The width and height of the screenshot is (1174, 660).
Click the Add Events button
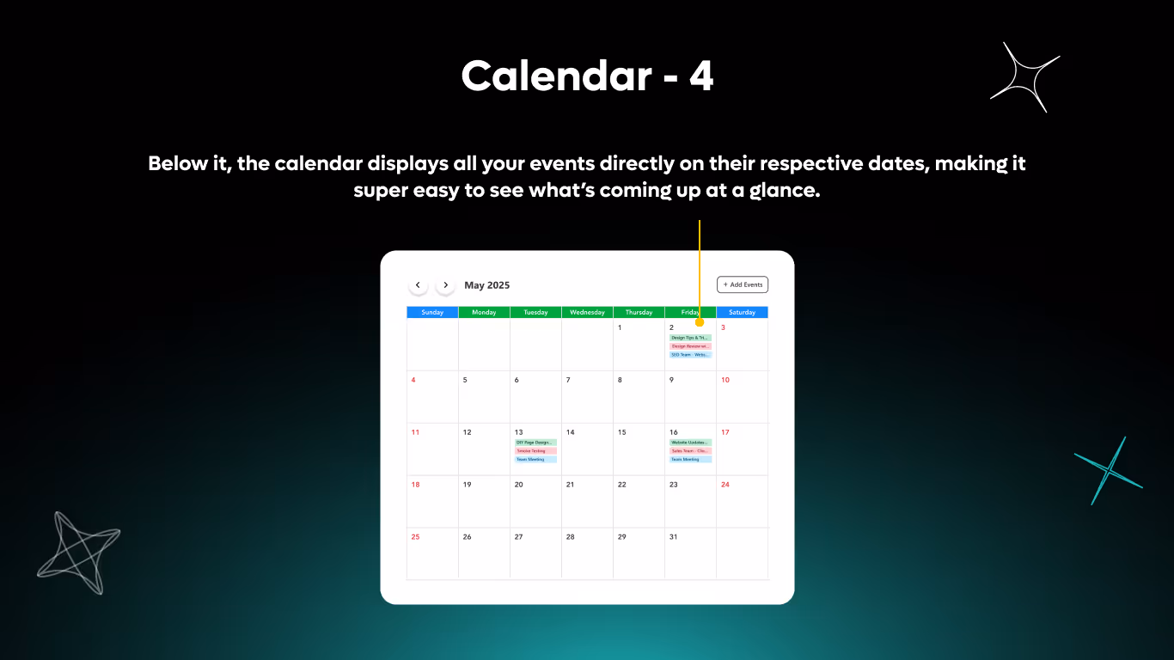click(x=743, y=284)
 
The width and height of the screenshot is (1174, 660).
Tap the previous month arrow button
click(x=418, y=284)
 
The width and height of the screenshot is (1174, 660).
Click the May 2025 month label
click(x=486, y=285)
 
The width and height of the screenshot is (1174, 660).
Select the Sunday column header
click(x=432, y=312)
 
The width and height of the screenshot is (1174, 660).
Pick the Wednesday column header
click(x=587, y=312)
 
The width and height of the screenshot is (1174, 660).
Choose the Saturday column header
click(x=742, y=312)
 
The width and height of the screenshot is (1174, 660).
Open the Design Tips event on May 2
click(x=690, y=338)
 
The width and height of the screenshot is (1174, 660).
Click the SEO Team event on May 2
click(x=690, y=354)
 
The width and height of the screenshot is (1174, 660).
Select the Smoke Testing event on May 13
click(x=535, y=450)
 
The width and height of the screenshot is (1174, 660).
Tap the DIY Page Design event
click(x=535, y=443)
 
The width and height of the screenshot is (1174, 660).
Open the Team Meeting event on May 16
click(x=690, y=459)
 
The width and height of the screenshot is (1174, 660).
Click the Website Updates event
click(x=690, y=443)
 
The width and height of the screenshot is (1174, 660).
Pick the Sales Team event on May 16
click(x=690, y=450)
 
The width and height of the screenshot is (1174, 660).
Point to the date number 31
click(x=673, y=536)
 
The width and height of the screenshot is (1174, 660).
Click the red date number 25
click(x=415, y=536)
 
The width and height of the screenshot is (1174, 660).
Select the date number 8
click(x=620, y=380)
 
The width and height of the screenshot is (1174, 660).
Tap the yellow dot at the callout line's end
click(x=700, y=322)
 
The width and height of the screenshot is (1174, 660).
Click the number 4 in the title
click(x=700, y=77)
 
